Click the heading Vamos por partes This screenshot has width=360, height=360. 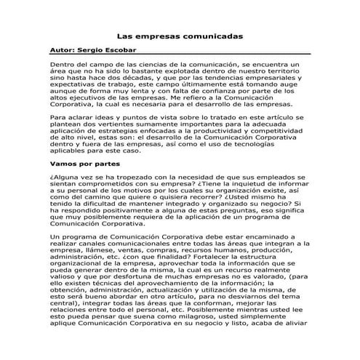tap(80, 165)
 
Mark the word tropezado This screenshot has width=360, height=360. tap(139, 177)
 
